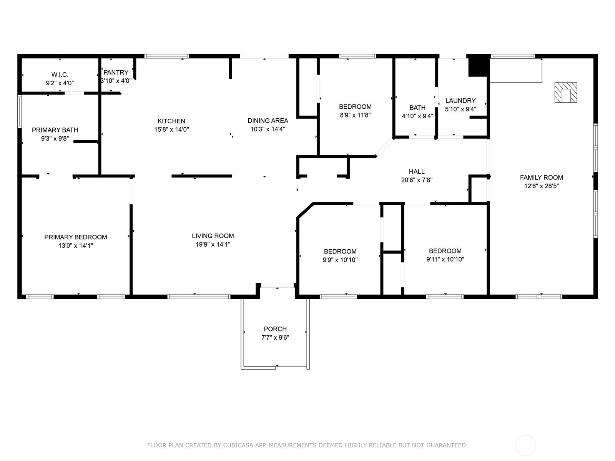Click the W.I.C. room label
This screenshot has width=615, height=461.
click(x=60, y=75)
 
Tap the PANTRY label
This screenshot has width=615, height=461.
click(x=116, y=73)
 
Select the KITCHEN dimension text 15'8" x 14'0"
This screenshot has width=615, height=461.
click(x=171, y=129)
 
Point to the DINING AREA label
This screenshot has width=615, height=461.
click(x=268, y=121)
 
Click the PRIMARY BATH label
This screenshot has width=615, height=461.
click(x=55, y=130)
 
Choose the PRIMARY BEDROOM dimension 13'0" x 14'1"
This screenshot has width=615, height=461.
click(x=76, y=245)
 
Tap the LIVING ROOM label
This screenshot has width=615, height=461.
click(x=213, y=236)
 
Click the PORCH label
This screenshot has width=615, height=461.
click(x=275, y=329)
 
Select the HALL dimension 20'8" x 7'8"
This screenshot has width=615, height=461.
click(x=417, y=180)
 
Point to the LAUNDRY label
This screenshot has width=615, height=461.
click(x=460, y=101)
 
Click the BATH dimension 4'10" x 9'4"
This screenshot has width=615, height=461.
click(x=417, y=116)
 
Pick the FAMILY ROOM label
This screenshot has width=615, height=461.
click(x=542, y=177)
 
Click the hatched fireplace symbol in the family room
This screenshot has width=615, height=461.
click(x=566, y=92)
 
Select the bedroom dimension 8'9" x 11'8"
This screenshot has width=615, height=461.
click(x=355, y=115)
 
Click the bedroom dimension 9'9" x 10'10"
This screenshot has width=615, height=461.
click(x=340, y=260)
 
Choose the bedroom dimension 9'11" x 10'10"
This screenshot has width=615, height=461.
click(x=445, y=259)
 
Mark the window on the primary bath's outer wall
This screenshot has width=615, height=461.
click(x=20, y=111)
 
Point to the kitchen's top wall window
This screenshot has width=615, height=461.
click(x=167, y=56)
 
